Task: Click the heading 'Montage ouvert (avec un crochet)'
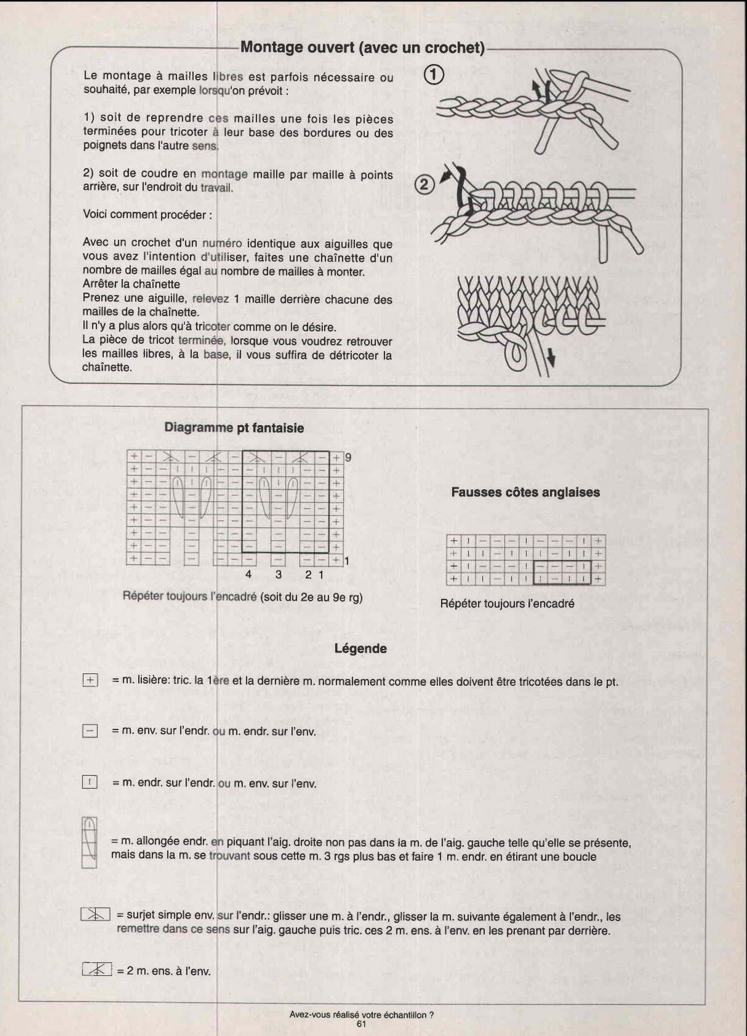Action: coord(363,47)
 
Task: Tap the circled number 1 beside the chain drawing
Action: coord(434,74)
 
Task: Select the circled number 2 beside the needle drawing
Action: coord(423,184)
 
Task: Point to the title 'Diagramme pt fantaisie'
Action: coord(234,428)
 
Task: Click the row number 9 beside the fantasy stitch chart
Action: coord(348,458)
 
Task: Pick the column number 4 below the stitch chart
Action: coord(248,574)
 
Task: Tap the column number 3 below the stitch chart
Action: coord(278,574)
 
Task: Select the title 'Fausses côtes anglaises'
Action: coord(525,492)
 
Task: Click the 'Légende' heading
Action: coord(360,649)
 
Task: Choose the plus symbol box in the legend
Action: coord(90,681)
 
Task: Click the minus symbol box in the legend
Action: coord(90,731)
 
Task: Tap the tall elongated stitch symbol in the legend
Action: coord(88,842)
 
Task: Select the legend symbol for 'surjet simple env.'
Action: coord(95,915)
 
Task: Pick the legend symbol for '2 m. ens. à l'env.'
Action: coord(95,970)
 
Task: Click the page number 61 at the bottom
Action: coord(361,1024)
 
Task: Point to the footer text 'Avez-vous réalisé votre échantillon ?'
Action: coord(361,1014)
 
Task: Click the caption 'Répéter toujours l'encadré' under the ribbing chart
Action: coord(507,603)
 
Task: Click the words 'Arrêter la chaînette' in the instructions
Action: coord(131,284)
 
